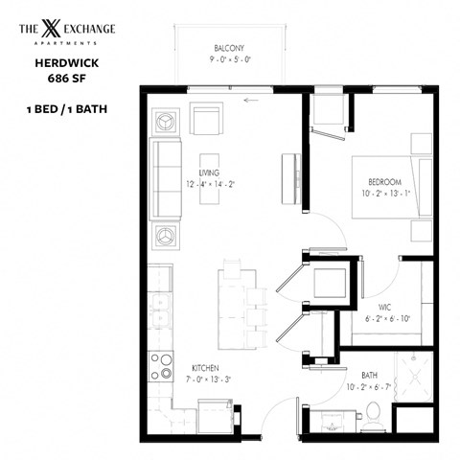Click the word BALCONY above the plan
click(229, 47)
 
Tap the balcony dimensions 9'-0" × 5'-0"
click(229, 60)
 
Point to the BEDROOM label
click(384, 181)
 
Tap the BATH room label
click(369, 375)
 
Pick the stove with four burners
click(161, 368)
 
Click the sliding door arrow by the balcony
click(252, 99)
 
